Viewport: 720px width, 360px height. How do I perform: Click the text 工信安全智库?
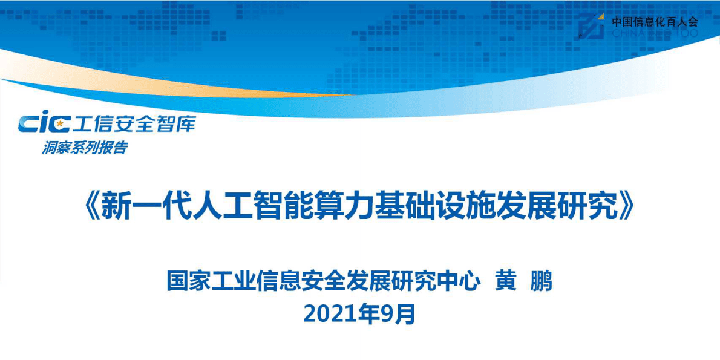point(134,124)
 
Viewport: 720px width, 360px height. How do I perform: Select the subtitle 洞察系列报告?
point(85,147)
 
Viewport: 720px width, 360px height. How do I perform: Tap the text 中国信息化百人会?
point(655,22)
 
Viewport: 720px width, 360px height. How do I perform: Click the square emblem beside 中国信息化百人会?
point(591,26)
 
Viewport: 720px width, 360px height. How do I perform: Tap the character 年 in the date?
point(368,315)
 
